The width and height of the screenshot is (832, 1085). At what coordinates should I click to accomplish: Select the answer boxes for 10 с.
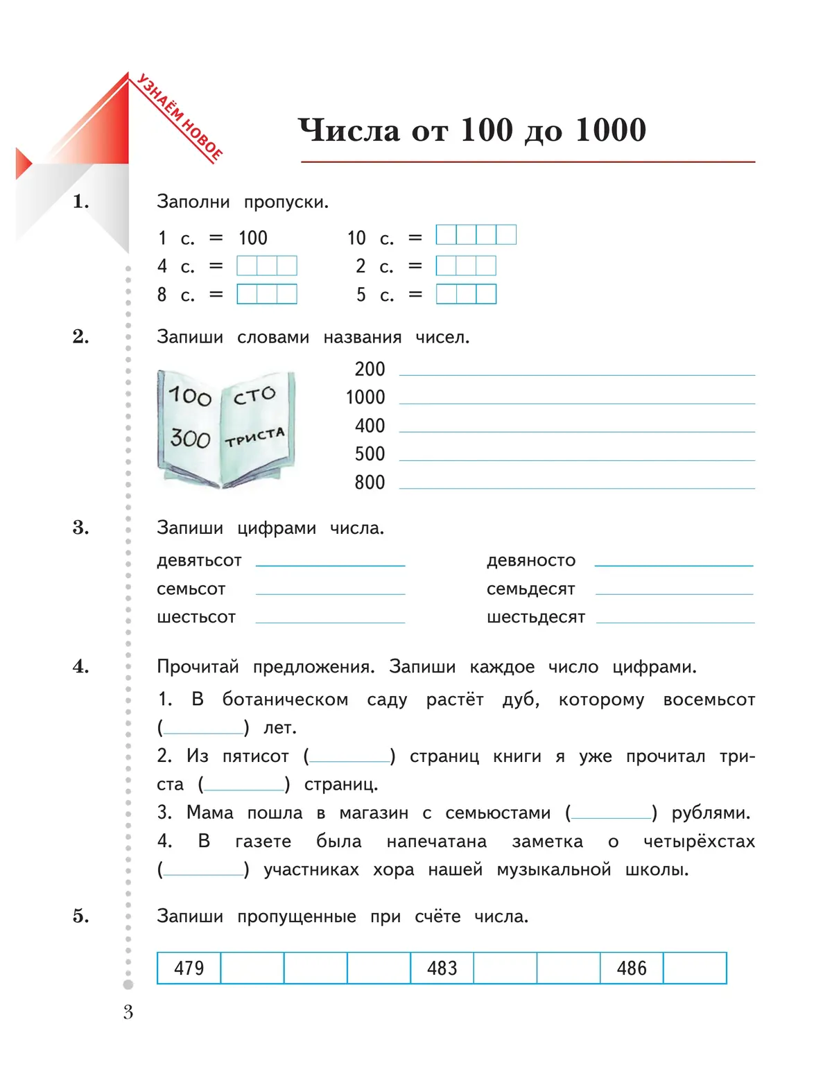(x=476, y=235)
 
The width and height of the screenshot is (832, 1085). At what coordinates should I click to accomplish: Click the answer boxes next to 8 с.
(x=267, y=295)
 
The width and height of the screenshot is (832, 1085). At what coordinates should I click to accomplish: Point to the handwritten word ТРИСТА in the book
(x=254, y=437)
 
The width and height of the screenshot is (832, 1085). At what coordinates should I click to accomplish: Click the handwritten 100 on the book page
(x=189, y=396)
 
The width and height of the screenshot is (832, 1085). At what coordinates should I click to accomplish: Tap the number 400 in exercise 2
(x=370, y=426)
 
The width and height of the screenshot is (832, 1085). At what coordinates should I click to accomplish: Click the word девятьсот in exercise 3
(x=199, y=560)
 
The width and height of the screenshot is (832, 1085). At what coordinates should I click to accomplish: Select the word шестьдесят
(x=535, y=617)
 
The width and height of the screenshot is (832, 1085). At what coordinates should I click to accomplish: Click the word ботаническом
(x=285, y=700)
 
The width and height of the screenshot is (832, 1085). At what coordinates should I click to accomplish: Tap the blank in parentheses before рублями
(x=612, y=813)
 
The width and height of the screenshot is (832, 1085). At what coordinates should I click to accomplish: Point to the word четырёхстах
(x=699, y=842)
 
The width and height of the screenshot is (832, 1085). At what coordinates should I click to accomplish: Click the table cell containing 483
(x=442, y=968)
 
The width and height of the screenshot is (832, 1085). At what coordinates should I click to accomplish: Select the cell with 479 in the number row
(x=189, y=968)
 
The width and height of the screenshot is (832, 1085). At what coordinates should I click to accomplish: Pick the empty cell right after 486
(x=695, y=968)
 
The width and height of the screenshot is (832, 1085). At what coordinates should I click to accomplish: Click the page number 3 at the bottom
(x=128, y=1012)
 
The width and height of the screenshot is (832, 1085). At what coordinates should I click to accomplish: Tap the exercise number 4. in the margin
(x=81, y=667)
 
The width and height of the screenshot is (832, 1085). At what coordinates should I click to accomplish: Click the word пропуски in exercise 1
(x=286, y=202)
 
